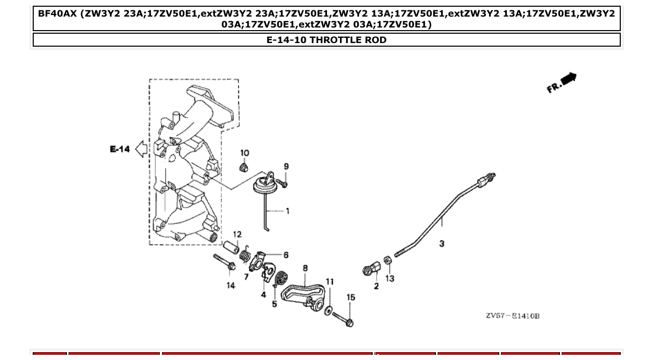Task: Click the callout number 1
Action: click(287, 211)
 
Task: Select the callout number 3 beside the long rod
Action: click(442, 243)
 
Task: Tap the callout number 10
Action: click(244, 153)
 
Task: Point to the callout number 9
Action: click(286, 167)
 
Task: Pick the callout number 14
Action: click(230, 285)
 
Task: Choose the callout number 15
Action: click(351, 297)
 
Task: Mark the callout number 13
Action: click(390, 279)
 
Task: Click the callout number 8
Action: click(305, 268)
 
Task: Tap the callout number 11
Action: click(330, 282)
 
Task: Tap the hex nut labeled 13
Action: click(387, 260)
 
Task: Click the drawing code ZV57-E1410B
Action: click(512, 316)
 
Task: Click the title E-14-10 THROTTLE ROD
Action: click(326, 40)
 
